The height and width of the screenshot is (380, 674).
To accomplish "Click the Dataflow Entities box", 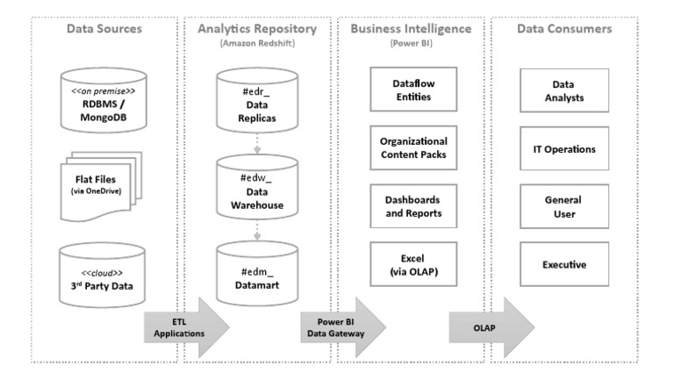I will [412, 90].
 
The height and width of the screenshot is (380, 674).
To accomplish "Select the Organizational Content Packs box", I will [412, 147].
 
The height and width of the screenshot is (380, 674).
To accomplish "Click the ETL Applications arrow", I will [183, 327].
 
